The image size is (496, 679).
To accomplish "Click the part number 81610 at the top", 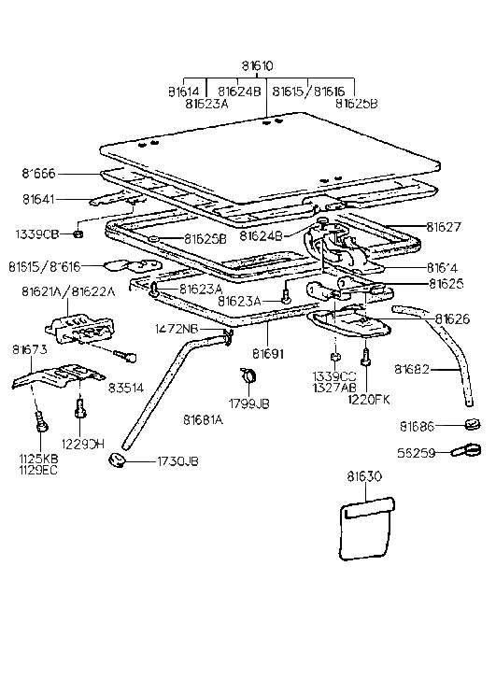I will (257, 66).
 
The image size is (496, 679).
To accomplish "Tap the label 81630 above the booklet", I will (365, 476).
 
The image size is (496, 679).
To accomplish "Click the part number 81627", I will (445, 226).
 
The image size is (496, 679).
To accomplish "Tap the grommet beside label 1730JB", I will (118, 460).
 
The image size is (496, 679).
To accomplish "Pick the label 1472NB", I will (177, 329).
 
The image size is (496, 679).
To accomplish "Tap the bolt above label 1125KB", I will (40, 423).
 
